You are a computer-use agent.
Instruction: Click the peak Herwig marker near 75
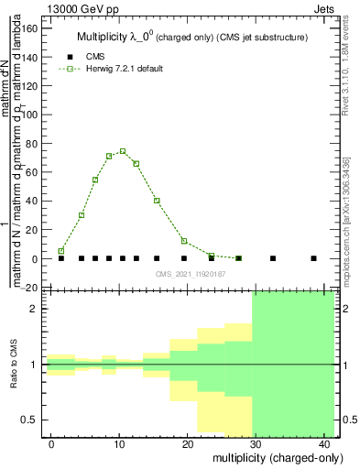click(123, 151)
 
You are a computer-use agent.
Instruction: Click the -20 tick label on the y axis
click(28, 288)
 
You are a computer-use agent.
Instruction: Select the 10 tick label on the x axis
click(119, 444)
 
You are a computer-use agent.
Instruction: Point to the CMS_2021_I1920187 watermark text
click(190, 274)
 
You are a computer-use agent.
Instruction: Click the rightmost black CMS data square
click(314, 258)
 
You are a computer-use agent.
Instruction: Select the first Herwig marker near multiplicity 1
click(61, 251)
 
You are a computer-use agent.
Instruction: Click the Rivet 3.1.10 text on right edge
click(352, 55)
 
